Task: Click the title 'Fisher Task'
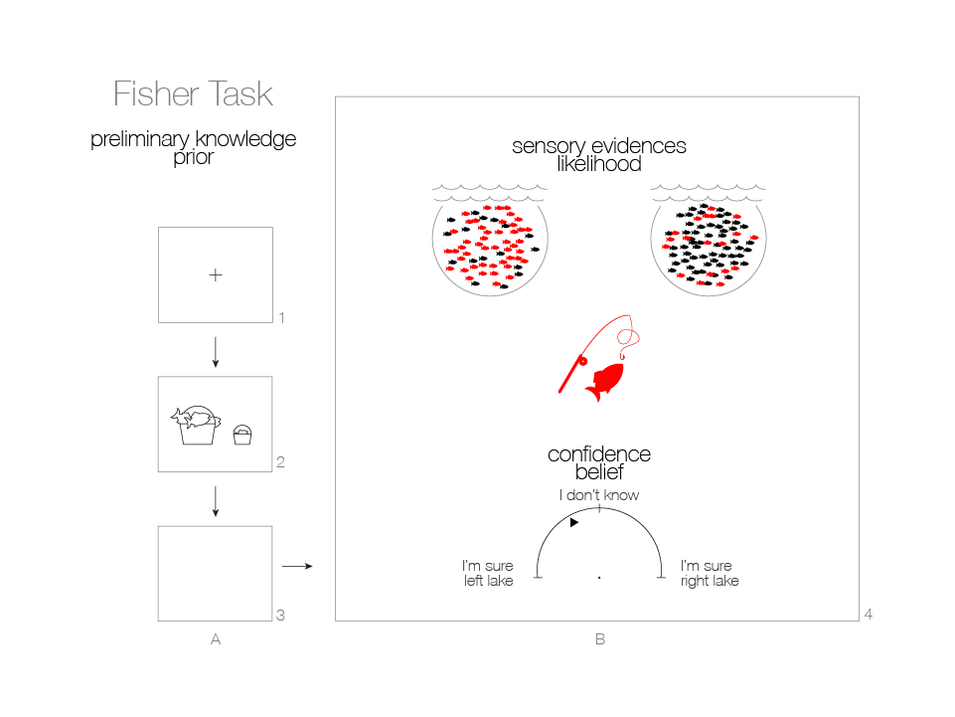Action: [x=193, y=94]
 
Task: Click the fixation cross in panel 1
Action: [x=216, y=275]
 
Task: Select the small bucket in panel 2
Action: [x=242, y=434]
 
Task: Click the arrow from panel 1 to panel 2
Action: [x=216, y=350]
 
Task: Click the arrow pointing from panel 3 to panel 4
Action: [x=297, y=567]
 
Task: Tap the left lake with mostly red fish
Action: [x=490, y=243]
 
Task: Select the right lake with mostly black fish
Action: [x=709, y=243]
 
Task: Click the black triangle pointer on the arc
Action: [x=573, y=521]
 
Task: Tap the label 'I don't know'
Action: [x=598, y=495]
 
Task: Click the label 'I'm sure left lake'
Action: [x=488, y=574]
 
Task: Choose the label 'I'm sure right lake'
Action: [x=710, y=574]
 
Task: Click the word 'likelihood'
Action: [x=598, y=164]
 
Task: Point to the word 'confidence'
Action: [x=598, y=454]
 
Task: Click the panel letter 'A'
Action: [x=216, y=640]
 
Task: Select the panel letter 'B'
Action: [x=599, y=640]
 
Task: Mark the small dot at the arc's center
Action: [x=599, y=577]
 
